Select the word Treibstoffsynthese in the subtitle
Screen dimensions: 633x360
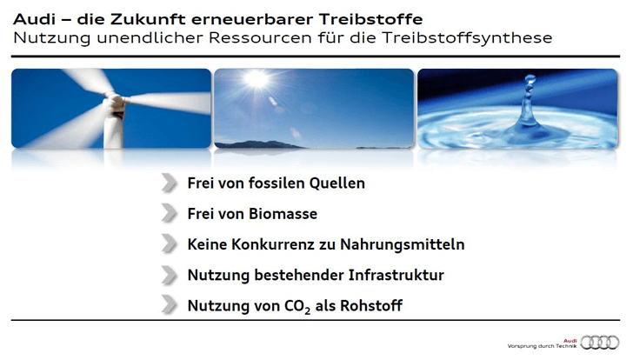pos(467,37)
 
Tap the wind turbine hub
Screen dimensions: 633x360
pos(116,101)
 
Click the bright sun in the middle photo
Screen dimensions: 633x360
pos(256,79)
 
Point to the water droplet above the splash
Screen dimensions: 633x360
pos(530,79)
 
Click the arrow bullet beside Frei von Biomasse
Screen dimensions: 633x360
pos(170,213)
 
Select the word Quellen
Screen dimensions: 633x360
pos(337,183)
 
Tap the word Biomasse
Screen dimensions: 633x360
pos(283,214)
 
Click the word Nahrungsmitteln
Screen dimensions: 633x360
pos(402,244)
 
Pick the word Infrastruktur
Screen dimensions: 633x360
pos(396,275)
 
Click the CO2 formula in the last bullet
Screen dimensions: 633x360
pos(297,306)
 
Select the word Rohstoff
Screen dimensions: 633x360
pos(371,305)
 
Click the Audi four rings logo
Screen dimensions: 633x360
pos(600,343)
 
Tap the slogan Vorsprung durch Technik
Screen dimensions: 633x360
pos(542,346)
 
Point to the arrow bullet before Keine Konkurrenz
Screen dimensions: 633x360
pos(170,243)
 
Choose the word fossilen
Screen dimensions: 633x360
pos(277,183)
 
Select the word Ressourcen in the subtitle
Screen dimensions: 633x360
pos(260,37)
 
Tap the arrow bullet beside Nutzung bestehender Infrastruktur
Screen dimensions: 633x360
pos(170,275)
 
